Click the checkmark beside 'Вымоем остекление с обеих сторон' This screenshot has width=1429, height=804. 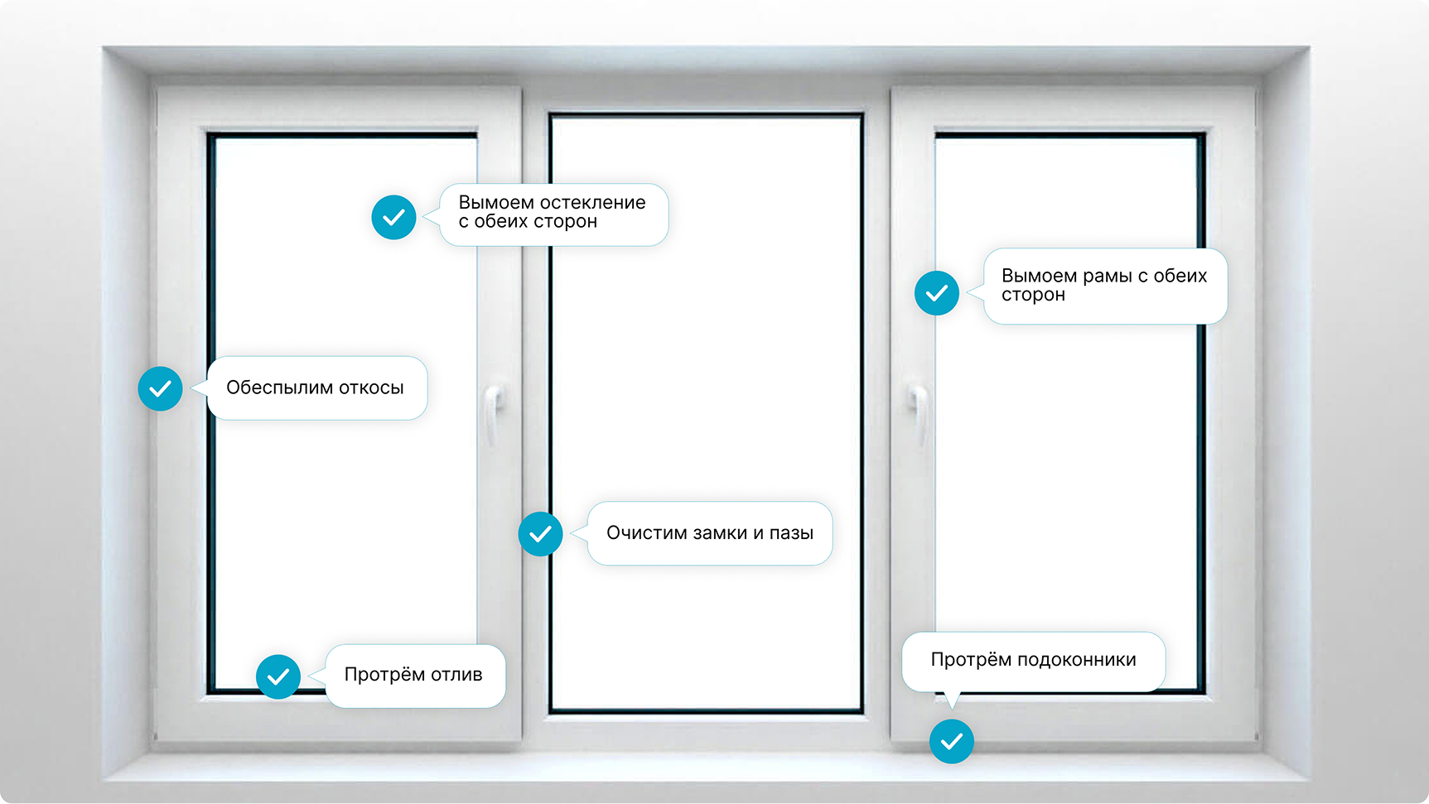(x=393, y=217)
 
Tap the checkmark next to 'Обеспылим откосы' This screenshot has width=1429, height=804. (x=160, y=388)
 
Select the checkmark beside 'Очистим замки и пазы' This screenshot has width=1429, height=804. (x=540, y=534)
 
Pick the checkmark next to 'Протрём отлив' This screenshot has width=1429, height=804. (x=278, y=676)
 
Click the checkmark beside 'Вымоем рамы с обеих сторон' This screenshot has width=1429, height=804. (x=937, y=293)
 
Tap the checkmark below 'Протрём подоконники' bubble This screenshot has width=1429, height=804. (x=952, y=741)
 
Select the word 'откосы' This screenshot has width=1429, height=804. (x=371, y=388)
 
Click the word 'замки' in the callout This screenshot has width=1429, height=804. (x=720, y=533)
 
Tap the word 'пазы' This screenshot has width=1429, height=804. (x=791, y=533)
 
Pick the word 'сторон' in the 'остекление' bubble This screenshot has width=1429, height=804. (x=565, y=222)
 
